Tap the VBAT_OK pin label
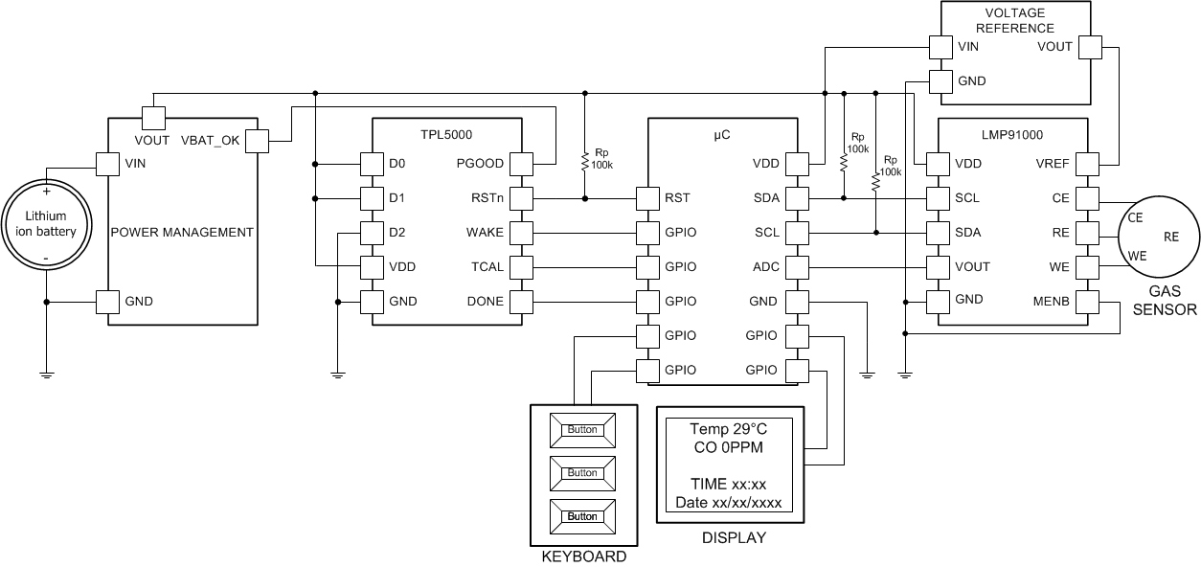pos(210,141)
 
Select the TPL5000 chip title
pos(446,135)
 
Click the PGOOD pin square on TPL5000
pos(521,164)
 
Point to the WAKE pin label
pos(484,233)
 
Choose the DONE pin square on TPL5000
pos(521,302)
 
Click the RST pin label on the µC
pos(677,198)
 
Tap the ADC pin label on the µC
pos(765,267)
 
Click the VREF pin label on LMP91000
pos(1052,164)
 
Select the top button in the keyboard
pos(582,430)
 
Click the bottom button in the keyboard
pos(582,516)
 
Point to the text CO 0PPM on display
pos(729,446)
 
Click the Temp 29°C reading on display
pos(729,428)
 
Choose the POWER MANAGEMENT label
pos(182,233)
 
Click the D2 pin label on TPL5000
pos(397,233)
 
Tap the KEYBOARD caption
pos(583,556)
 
